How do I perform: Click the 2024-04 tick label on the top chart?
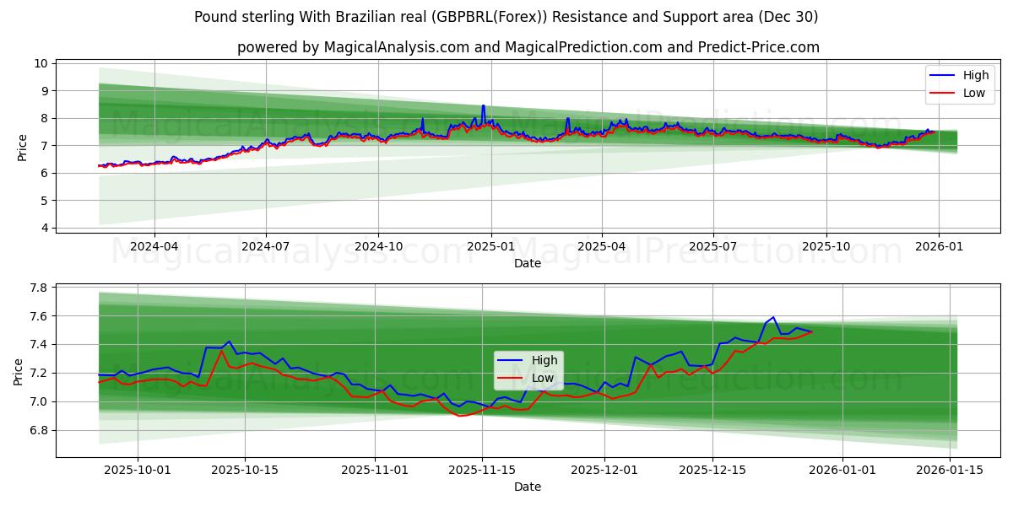(154, 246)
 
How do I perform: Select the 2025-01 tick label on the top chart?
(490, 246)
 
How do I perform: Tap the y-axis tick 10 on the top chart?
(41, 63)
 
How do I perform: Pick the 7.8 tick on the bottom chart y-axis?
(37, 288)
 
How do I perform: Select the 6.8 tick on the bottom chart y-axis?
(37, 430)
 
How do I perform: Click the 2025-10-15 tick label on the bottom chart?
(245, 471)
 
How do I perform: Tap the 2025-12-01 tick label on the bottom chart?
(604, 471)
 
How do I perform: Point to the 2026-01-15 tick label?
(951, 471)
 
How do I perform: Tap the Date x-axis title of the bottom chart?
(528, 487)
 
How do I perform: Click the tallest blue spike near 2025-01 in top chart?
(483, 106)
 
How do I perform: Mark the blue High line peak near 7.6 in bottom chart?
(772, 317)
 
